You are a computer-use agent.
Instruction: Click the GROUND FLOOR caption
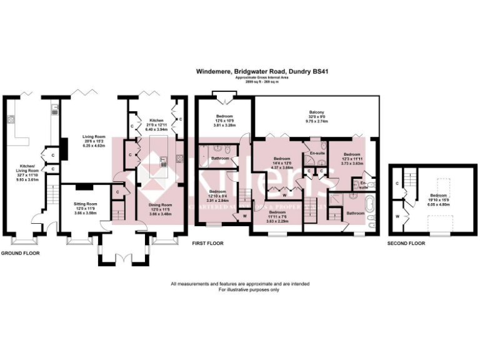[x=20, y=253]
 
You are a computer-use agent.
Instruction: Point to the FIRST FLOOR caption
[x=209, y=243]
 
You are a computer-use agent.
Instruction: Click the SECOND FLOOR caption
[x=404, y=243]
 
